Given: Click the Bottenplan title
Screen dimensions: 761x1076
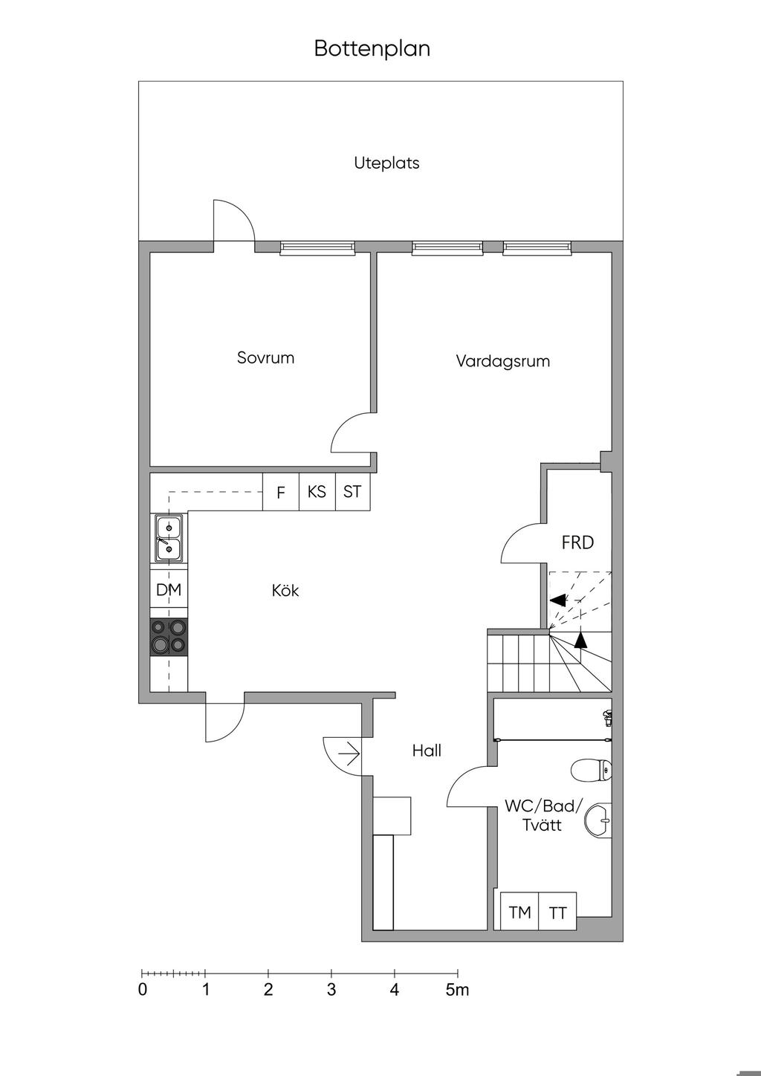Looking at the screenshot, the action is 372,48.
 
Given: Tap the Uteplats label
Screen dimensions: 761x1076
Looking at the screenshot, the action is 386,163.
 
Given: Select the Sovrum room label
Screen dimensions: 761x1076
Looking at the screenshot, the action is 265,357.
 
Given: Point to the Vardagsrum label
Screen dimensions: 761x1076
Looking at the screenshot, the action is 503,361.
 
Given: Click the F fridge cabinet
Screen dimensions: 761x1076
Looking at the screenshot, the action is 281,492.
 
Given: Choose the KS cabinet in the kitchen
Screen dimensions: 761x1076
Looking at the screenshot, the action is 317,492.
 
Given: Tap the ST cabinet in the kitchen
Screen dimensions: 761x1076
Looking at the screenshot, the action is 353,492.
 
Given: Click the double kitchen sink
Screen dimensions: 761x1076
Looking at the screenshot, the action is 169,538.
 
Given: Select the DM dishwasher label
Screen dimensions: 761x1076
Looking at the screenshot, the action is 169,589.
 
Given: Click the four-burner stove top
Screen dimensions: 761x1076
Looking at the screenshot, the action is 169,637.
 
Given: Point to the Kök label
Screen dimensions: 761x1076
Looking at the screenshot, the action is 285,590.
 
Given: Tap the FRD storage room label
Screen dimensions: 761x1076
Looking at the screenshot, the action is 578,542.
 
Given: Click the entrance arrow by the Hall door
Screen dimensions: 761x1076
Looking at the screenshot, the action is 349,755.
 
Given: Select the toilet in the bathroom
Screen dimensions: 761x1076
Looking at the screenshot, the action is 592,770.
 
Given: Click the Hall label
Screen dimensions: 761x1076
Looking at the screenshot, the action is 427,751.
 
